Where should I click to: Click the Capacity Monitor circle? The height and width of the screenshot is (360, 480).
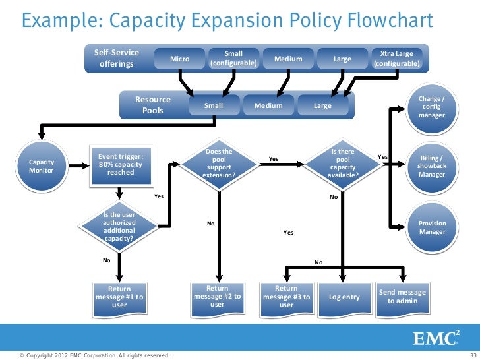(42, 166)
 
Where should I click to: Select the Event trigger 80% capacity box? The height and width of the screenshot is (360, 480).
(121, 165)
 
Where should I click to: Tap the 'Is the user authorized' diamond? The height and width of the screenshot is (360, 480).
(119, 226)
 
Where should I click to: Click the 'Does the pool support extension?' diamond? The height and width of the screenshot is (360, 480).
(218, 164)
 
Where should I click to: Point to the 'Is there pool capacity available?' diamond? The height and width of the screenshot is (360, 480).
(343, 164)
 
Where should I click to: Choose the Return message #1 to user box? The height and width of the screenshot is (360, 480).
(119, 297)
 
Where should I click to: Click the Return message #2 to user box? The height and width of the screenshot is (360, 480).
(217, 296)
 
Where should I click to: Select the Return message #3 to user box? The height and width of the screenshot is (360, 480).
(286, 297)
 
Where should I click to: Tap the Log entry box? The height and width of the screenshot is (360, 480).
(344, 297)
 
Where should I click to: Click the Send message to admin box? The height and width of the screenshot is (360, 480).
(402, 297)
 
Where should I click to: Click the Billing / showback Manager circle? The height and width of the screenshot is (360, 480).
(432, 166)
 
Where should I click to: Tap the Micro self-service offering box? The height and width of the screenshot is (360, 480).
(179, 59)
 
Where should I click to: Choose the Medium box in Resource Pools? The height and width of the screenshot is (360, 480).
(268, 105)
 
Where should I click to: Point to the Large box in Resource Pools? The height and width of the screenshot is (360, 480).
(322, 105)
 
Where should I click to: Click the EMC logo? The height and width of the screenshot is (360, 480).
(436, 338)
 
